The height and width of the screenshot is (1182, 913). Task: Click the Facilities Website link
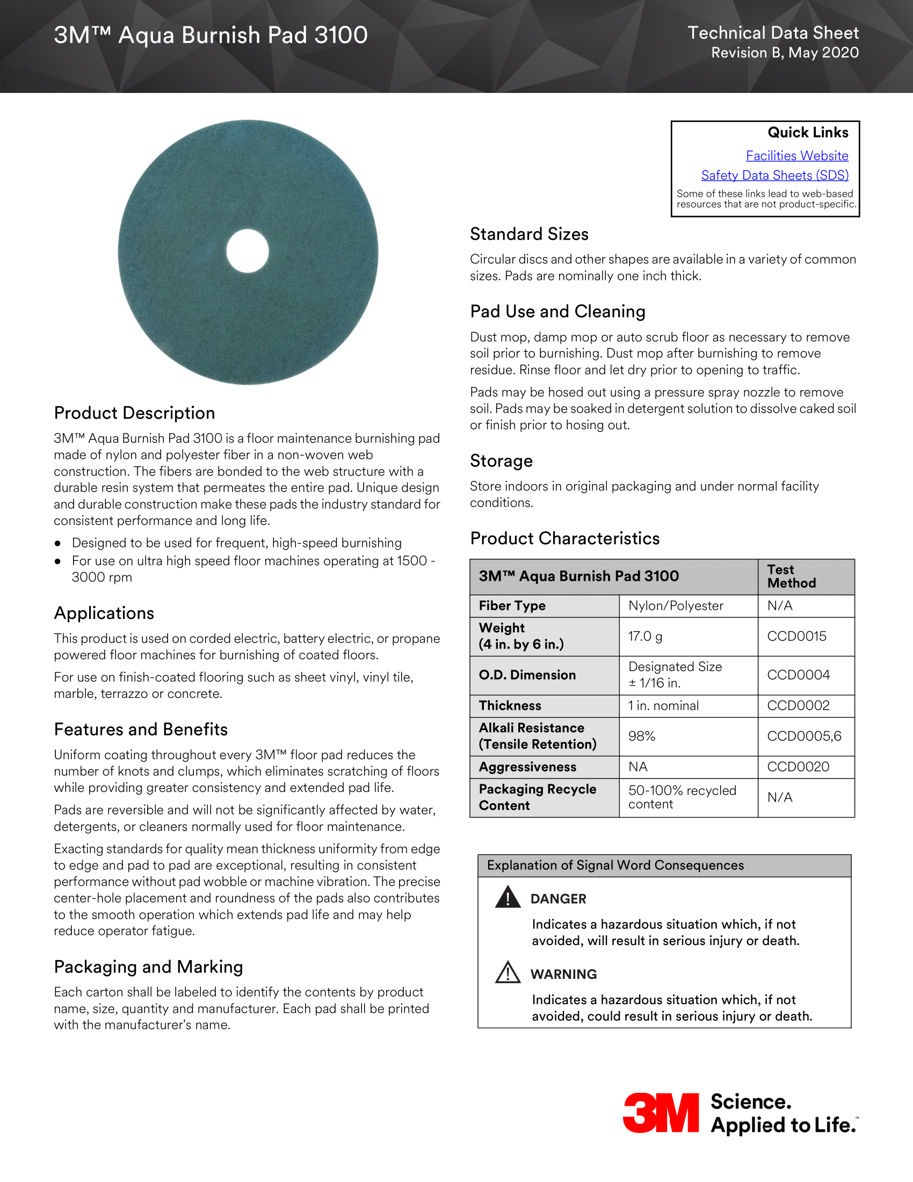point(796,156)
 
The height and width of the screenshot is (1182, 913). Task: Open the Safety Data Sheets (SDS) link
point(774,175)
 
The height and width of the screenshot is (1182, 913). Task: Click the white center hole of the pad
point(248,251)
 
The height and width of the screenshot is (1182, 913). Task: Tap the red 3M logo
point(661,1113)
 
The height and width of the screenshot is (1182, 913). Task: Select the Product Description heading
point(134,413)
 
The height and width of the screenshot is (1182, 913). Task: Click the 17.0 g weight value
point(644,636)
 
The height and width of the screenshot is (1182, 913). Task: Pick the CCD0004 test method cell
point(798,675)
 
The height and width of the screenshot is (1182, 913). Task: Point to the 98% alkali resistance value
point(641,736)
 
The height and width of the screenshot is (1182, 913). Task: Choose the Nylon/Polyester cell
point(676,606)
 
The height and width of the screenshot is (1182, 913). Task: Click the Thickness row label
point(510,705)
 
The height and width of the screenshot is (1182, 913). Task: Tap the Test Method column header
point(791,576)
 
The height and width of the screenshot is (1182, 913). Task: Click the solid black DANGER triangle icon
point(508,897)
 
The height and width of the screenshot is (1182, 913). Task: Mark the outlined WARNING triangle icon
point(508,972)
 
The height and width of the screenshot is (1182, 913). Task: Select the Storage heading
point(501,460)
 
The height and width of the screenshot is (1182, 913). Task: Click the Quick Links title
point(808,133)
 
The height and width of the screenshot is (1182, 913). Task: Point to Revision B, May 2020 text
point(784,53)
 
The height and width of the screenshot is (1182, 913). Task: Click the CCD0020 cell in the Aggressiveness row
point(798,766)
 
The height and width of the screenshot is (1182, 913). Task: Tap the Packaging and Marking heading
point(148,967)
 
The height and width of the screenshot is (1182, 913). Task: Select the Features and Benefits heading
point(141,729)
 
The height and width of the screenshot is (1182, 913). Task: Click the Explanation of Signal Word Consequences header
point(615,865)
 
